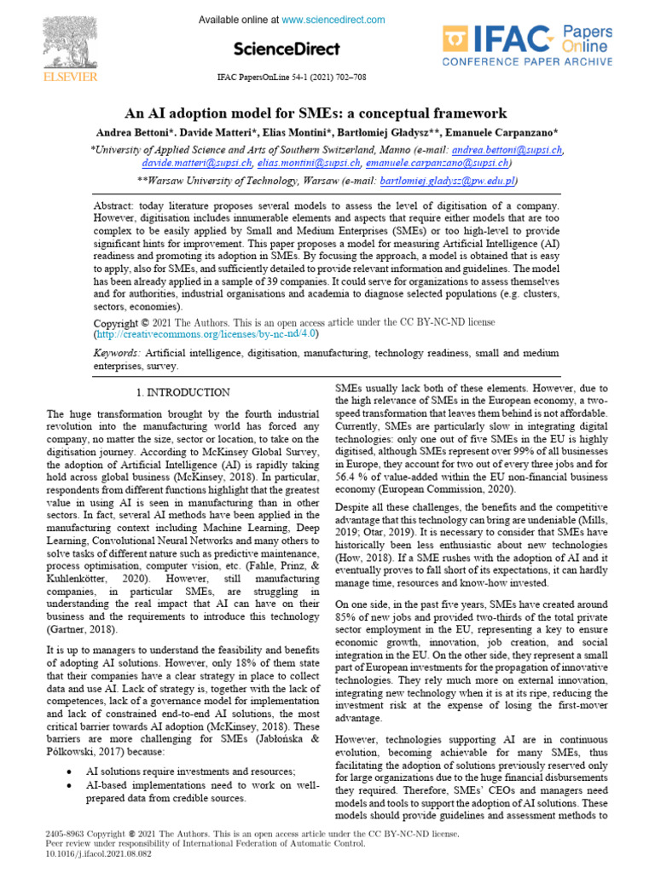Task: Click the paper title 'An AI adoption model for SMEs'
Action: [x=316, y=113]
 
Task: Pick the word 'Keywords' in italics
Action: [x=117, y=352]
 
